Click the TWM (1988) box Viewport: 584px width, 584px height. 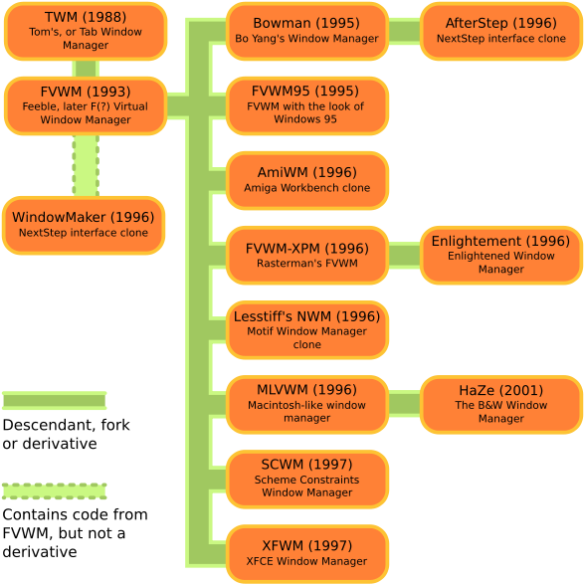(x=85, y=31)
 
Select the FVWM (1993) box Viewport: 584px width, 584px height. (x=85, y=105)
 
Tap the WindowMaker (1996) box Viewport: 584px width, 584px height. (x=85, y=225)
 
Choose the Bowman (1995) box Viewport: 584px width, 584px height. (x=306, y=31)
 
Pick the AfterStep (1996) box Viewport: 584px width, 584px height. (x=500, y=31)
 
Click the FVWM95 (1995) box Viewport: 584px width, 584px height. (x=306, y=105)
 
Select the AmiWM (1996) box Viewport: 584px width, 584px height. (x=306, y=180)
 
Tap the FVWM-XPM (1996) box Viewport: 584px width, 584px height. (x=306, y=256)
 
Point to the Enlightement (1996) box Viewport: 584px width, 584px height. (x=500, y=256)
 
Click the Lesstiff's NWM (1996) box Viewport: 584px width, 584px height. (x=306, y=330)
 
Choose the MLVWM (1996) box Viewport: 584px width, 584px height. (x=306, y=405)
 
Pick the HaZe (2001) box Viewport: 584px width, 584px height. (x=500, y=405)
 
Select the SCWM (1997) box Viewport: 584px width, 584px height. (x=306, y=480)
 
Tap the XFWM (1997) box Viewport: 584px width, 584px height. (x=306, y=554)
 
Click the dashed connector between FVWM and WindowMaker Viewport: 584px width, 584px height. (x=86, y=165)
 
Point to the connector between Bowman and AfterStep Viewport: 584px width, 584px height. (x=404, y=31)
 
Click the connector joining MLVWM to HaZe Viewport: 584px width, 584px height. (x=404, y=404)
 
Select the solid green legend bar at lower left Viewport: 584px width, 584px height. (x=54, y=401)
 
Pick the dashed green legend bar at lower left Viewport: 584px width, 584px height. (x=54, y=491)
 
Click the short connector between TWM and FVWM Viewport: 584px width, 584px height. (x=86, y=69)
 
